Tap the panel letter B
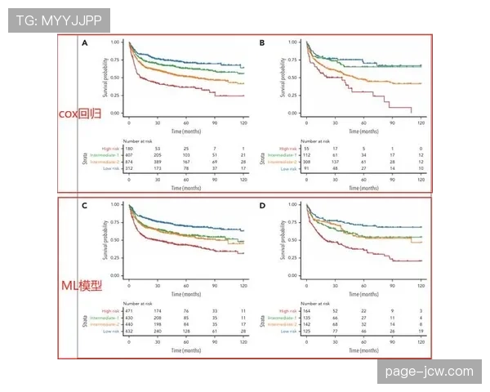pos(261,42)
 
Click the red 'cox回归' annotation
pos(80,114)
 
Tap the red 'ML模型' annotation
pos(81,286)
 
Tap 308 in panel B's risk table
pos(308,162)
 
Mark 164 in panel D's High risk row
pos(308,311)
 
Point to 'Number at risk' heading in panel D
pos(321,304)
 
